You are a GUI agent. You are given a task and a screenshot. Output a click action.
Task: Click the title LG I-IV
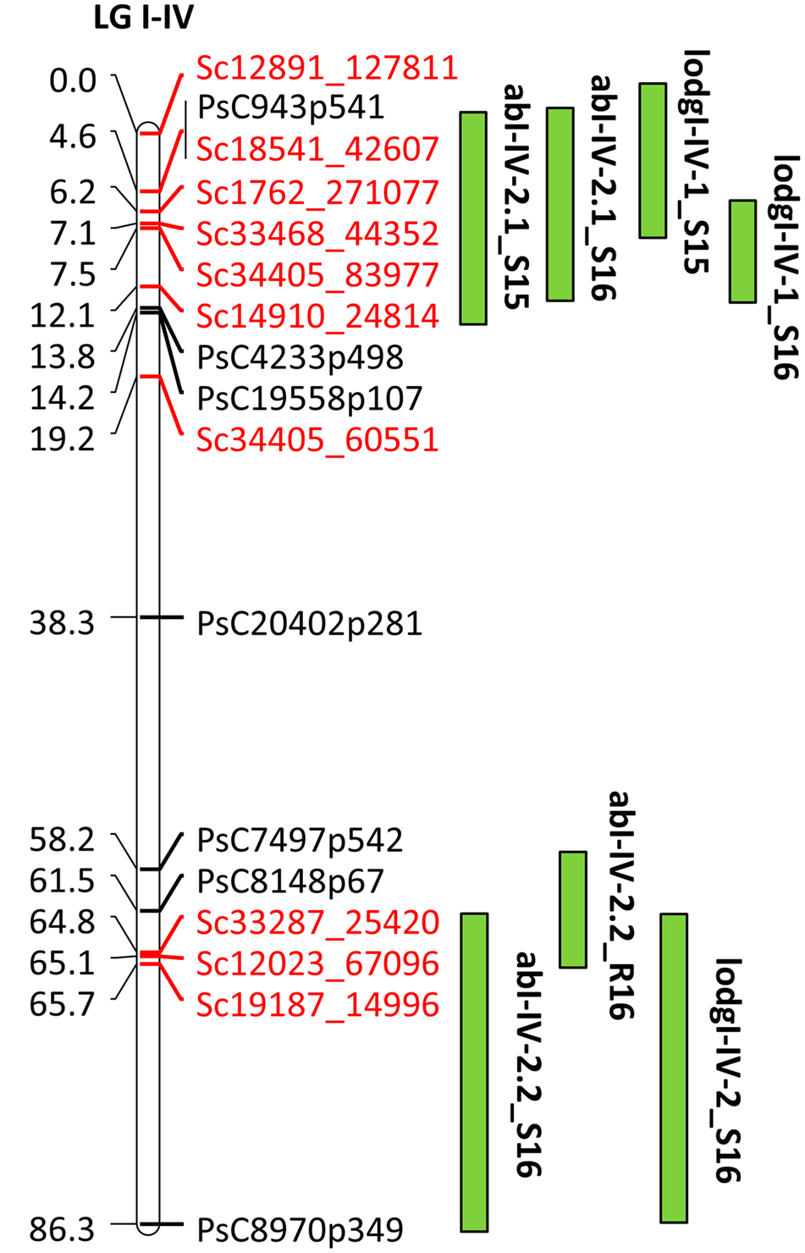click(143, 18)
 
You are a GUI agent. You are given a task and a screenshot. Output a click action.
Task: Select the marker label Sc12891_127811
click(327, 68)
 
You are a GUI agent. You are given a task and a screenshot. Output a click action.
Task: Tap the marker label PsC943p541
click(290, 108)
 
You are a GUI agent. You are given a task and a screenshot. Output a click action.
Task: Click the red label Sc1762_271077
click(317, 193)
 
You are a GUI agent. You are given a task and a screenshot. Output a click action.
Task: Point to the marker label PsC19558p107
click(309, 398)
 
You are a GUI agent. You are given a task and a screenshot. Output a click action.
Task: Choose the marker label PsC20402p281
click(309, 624)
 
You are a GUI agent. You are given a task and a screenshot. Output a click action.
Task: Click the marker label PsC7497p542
click(300, 840)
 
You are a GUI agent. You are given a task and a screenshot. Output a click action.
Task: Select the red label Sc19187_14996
click(317, 1005)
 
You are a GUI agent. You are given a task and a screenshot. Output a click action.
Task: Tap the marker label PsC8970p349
click(300, 1229)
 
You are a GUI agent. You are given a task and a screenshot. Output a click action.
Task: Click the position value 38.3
click(62, 624)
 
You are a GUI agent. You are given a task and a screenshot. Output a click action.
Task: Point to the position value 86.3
click(62, 1229)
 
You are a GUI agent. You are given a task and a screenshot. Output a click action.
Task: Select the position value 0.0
click(73, 81)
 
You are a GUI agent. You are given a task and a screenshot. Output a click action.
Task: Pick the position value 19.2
click(62, 439)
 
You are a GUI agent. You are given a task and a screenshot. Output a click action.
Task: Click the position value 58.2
click(62, 840)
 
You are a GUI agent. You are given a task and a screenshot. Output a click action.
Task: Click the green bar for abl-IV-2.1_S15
click(473, 218)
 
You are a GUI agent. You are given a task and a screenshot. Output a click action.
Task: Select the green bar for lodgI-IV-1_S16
click(742, 251)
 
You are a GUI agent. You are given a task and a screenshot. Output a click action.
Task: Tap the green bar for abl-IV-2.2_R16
click(573, 909)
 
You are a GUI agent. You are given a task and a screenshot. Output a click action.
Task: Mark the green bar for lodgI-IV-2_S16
click(674, 1068)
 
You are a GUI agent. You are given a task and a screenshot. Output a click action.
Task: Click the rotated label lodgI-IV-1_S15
click(695, 161)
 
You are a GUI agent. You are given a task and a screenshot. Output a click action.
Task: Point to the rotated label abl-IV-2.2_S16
click(528, 1064)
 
